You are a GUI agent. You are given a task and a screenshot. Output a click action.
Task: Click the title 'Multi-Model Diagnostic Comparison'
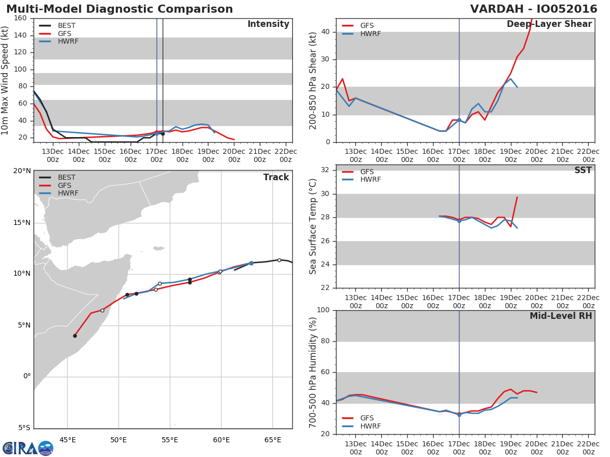coord(119,9)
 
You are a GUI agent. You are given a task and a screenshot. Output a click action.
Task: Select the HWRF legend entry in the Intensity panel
coord(68,42)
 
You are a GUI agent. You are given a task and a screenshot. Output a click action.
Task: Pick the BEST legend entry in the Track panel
coord(67,177)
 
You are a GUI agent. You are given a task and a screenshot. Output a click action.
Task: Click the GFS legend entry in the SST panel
coord(367,172)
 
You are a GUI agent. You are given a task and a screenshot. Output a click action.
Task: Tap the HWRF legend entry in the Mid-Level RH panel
coord(370,426)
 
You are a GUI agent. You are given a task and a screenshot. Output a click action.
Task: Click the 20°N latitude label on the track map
coord(22,171)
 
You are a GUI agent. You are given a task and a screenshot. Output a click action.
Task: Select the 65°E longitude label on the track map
coord(272,440)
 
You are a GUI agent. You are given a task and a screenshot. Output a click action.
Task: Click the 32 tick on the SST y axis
coord(327,170)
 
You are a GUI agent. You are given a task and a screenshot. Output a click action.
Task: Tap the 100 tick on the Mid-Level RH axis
coord(323,310)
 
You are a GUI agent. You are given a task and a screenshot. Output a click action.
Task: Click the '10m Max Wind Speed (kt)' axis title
coord(6,81)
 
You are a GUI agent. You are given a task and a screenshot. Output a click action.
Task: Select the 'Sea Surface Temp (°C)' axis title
coord(313,226)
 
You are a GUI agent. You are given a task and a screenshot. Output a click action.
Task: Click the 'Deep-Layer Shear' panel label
coord(549,24)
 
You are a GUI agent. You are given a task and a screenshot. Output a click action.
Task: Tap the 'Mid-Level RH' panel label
coord(561,316)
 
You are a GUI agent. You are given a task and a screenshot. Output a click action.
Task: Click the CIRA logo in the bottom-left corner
coord(27,448)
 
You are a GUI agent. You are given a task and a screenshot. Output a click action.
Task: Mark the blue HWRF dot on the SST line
coord(459,221)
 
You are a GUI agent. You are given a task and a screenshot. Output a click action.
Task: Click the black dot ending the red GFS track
coord(75,336)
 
